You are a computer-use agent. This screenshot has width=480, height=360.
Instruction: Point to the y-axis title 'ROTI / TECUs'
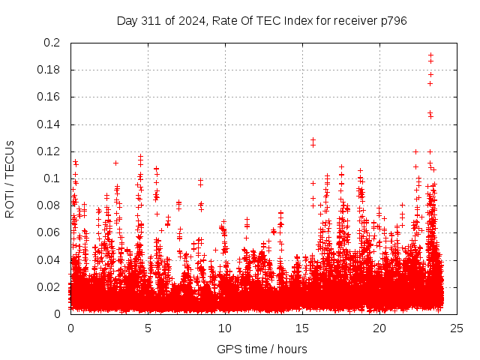tap(10, 178)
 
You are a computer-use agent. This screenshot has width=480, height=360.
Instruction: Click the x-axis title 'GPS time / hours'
tap(262, 349)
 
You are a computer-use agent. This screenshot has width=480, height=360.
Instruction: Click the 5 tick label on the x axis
tap(148, 328)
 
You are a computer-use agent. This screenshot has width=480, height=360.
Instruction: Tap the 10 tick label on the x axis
tap(225, 328)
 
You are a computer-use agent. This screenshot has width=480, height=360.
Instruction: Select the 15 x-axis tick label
tap(302, 328)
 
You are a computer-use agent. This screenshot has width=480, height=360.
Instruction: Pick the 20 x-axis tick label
tap(379, 328)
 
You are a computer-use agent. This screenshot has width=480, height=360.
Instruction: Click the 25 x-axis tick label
tap(457, 328)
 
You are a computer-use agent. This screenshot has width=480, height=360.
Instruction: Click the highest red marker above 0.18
tap(430, 55)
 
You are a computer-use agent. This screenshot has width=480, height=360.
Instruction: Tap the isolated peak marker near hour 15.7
tap(313, 139)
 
